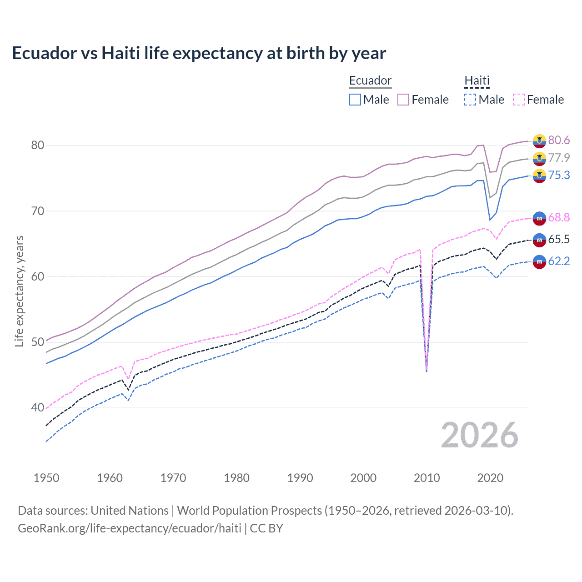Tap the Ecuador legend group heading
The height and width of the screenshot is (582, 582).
point(370,80)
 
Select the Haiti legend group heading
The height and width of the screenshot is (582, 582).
point(477,80)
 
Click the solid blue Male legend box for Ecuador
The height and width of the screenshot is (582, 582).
point(355,100)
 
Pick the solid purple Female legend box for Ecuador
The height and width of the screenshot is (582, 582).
point(403,100)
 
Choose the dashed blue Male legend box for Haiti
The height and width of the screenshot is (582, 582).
point(470,100)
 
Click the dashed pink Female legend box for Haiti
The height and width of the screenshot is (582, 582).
point(518,100)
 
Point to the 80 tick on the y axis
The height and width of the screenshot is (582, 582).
point(37,145)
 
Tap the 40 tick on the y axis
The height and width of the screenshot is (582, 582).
point(37,407)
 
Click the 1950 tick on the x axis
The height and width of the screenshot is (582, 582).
point(46,478)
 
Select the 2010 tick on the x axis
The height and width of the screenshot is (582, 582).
point(426,478)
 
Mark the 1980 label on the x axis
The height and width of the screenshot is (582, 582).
point(236,478)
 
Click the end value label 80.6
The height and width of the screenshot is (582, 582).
point(559,140)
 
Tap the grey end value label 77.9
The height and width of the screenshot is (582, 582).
point(559,158)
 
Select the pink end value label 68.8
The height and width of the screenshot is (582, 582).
point(559,218)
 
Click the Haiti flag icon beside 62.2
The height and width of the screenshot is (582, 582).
point(539,261)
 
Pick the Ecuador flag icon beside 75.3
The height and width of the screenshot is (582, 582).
point(539,176)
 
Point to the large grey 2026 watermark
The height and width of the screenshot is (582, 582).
point(479,435)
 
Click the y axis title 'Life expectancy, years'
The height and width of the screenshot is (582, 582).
point(19,291)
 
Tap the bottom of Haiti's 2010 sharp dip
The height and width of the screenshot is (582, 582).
point(426,371)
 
